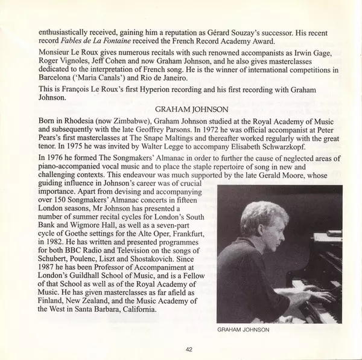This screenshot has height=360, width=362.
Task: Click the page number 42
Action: click(189, 349)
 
